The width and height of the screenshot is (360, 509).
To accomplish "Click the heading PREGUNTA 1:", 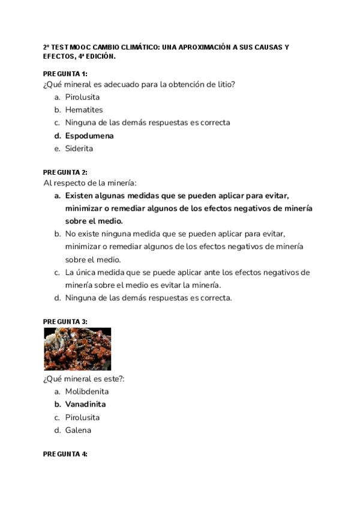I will pyautogui.click(x=65, y=74).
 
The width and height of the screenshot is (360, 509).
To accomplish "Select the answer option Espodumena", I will pyautogui.click(x=89, y=136).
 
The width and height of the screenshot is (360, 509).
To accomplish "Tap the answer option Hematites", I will pyautogui.click(x=84, y=110).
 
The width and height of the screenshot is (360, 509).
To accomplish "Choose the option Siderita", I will pyautogui.click(x=79, y=149).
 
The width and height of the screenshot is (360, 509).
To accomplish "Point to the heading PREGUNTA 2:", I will pyautogui.click(x=65, y=172).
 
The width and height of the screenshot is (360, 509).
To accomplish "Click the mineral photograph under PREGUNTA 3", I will pyautogui.click(x=77, y=349).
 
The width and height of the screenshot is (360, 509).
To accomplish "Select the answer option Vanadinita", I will pyautogui.click(x=85, y=405).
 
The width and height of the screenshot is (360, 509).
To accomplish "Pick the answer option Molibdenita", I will pyautogui.click(x=87, y=391).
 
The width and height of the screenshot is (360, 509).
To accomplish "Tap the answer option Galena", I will pyautogui.click(x=78, y=430).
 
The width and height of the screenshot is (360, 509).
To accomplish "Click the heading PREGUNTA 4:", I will pyautogui.click(x=65, y=454).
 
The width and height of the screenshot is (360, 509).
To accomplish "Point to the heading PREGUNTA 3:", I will pyautogui.click(x=65, y=322).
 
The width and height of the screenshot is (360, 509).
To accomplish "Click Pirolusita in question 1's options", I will pyautogui.click(x=82, y=97).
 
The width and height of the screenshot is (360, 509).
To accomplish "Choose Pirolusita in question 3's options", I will pyautogui.click(x=82, y=417).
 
